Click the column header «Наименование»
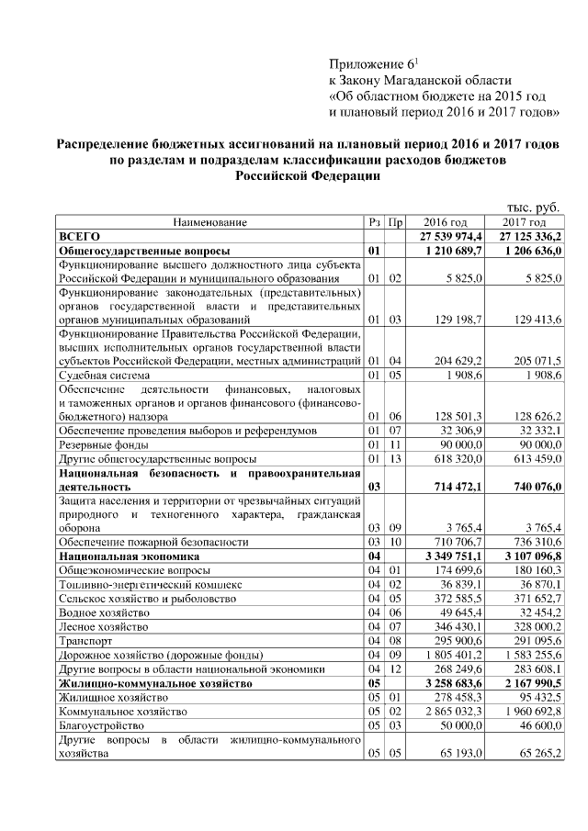click(x=209, y=223)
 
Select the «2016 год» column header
click(x=446, y=223)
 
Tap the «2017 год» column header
click(x=525, y=223)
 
